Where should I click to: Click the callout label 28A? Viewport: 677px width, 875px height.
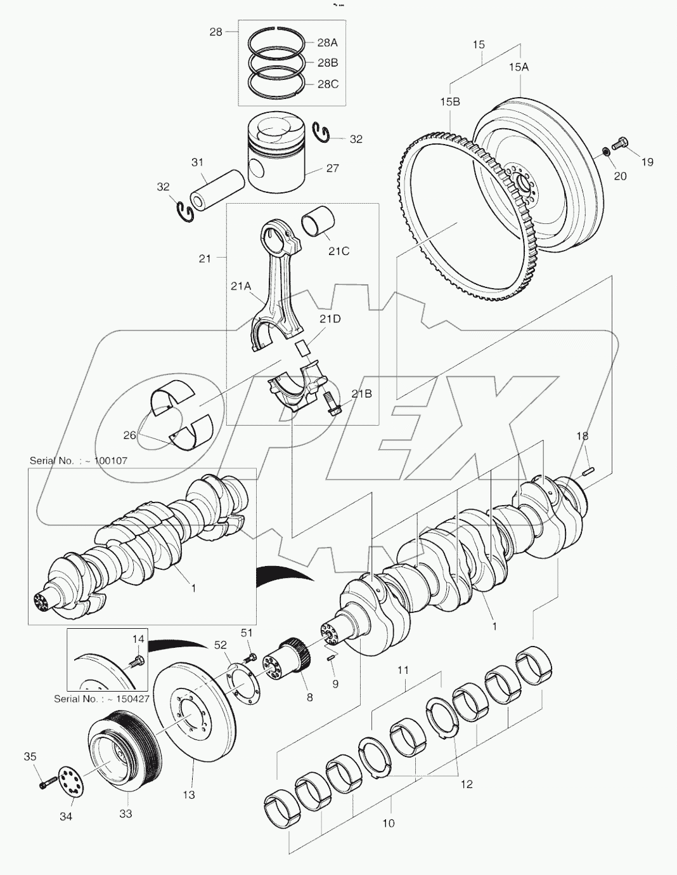coord(327,43)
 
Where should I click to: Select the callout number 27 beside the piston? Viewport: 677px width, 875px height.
coord(332,168)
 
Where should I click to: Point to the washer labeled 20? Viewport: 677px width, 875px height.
coord(605,152)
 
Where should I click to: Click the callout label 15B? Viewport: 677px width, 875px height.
coord(450,102)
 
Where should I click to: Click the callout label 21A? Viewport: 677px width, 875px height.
coord(241,286)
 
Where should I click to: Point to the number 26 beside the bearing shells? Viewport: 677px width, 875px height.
coord(129,435)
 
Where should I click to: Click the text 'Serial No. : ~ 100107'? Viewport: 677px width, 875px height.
coord(78,461)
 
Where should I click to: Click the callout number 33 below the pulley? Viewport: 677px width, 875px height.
coord(126,813)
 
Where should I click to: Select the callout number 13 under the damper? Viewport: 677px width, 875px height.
coord(189,794)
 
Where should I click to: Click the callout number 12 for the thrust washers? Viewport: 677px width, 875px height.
coord(467,784)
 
